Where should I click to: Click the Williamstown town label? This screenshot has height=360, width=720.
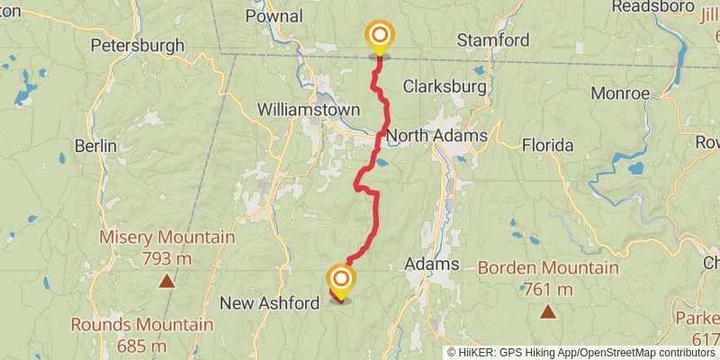[x=308, y=109]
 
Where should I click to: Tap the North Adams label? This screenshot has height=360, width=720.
[x=438, y=136]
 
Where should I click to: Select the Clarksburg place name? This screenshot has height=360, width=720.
[x=445, y=87]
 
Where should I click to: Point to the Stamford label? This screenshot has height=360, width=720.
[x=492, y=40]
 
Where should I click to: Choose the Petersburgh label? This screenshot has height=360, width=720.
[x=137, y=44]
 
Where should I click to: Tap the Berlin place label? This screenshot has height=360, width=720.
[x=96, y=146]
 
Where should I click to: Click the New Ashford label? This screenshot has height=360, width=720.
[x=270, y=303]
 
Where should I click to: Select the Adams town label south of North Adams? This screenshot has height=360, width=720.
[x=432, y=265]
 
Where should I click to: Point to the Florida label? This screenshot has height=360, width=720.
[x=547, y=145]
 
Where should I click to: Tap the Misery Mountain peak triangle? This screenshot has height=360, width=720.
[x=166, y=281]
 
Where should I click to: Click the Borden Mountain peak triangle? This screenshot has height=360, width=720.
[x=547, y=312]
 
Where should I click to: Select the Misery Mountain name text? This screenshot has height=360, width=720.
[x=166, y=238]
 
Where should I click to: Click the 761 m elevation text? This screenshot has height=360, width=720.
[x=548, y=289]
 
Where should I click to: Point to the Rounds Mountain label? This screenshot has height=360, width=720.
[x=142, y=324]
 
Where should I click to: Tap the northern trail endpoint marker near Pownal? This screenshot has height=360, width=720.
[x=379, y=37]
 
